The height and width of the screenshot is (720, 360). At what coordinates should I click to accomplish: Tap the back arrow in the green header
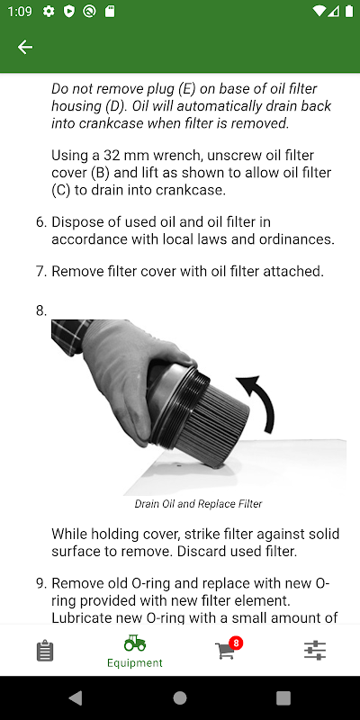click(x=25, y=47)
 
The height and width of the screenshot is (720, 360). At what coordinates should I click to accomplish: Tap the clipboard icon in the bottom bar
click(x=45, y=652)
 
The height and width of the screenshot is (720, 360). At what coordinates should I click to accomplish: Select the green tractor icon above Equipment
click(x=134, y=643)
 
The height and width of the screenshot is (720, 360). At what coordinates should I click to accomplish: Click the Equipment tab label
click(x=134, y=663)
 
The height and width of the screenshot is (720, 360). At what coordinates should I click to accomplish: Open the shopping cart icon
click(x=224, y=652)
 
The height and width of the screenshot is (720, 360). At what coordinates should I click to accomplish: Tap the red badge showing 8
click(x=236, y=643)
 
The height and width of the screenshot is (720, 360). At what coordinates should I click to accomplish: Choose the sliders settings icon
click(x=315, y=651)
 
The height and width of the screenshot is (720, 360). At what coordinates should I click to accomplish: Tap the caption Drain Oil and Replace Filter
click(x=198, y=504)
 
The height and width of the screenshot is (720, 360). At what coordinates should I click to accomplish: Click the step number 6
click(x=40, y=222)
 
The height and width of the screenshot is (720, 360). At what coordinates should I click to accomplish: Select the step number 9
click(x=40, y=583)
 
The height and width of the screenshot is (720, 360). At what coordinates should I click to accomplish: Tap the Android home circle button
click(x=180, y=698)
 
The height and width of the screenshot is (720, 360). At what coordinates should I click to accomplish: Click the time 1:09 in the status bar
click(x=20, y=12)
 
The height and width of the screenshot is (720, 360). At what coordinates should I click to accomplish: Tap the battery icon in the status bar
click(x=348, y=12)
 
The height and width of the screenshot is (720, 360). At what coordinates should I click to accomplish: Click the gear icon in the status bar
click(x=49, y=12)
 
